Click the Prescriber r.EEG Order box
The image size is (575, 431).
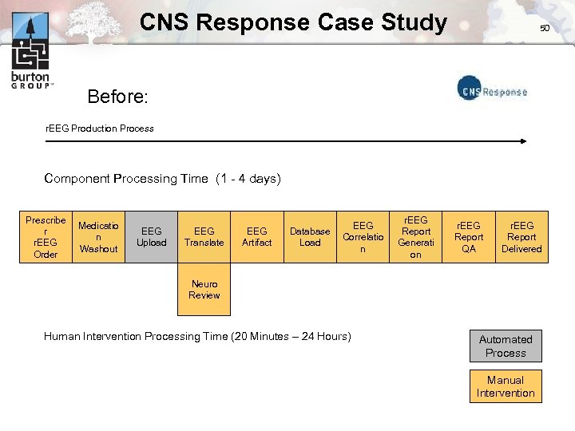(x=46, y=237)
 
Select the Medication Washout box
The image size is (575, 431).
(x=98, y=237)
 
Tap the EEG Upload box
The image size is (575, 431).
(x=152, y=237)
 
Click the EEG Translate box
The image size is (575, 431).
(x=204, y=237)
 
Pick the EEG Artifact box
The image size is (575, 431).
(x=256, y=237)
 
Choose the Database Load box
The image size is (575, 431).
(x=310, y=237)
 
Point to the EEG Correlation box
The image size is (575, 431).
(x=363, y=237)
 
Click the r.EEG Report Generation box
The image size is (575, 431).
(x=415, y=237)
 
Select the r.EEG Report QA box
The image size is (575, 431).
(x=469, y=237)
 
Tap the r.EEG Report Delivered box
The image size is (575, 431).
(x=521, y=237)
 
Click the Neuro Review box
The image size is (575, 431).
(x=204, y=290)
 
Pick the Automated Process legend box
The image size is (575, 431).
(x=506, y=346)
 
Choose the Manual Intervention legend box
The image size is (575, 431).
(x=506, y=386)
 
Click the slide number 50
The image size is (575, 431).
(x=545, y=28)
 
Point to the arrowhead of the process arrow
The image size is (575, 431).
(x=524, y=141)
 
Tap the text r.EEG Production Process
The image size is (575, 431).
(x=99, y=128)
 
